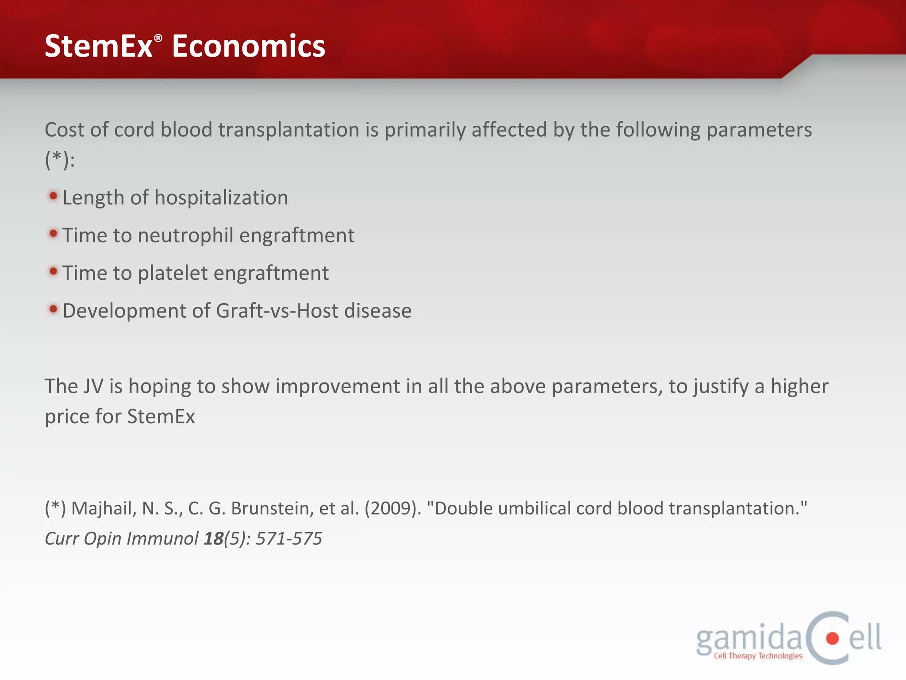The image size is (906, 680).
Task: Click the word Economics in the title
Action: pos(248,46)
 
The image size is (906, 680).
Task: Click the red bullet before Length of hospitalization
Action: pos(53,196)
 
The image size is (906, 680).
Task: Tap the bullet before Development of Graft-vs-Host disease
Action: pos(53,309)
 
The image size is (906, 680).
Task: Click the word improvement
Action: pos(338,386)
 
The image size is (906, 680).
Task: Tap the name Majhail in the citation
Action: pos(104,508)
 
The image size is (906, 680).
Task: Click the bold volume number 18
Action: pos(213,539)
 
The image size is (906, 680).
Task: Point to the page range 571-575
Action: pos(289,539)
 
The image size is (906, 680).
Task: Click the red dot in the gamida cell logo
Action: pos(832,638)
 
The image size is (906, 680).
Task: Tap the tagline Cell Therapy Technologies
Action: pos(758,656)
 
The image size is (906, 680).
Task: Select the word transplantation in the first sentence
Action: pos(288,130)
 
